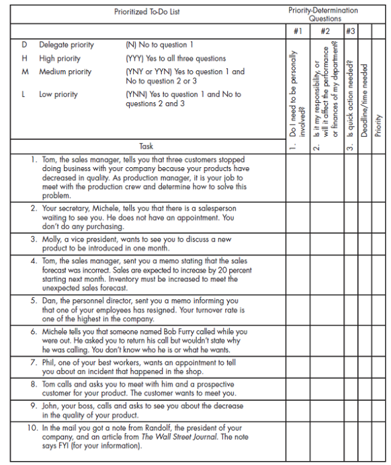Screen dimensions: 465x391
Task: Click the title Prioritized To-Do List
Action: coord(146,12)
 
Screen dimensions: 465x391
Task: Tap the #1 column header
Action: coord(298,31)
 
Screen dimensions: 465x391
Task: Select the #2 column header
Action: coord(325,31)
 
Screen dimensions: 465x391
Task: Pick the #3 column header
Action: coord(350,31)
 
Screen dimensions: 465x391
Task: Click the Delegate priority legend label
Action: coord(66,45)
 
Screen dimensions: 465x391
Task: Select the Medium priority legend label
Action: coord(65,72)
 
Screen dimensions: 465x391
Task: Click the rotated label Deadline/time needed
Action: coord(364,100)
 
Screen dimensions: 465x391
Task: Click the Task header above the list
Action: coord(146,146)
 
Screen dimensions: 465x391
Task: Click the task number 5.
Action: coord(33,300)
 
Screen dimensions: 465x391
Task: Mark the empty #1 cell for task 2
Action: coord(298,217)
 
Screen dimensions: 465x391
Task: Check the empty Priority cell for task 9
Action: coord(378,410)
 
